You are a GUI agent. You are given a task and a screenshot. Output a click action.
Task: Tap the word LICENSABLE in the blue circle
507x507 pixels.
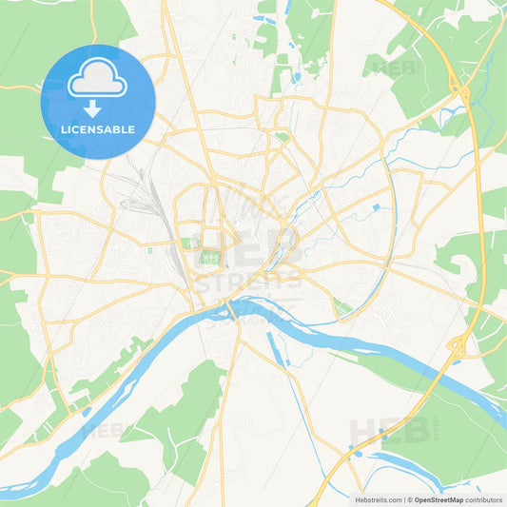click(x=98, y=128)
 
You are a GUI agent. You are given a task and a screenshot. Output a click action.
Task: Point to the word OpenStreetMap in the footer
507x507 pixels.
click(x=437, y=498)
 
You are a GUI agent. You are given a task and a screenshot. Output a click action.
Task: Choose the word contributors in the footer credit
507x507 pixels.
click(x=484, y=498)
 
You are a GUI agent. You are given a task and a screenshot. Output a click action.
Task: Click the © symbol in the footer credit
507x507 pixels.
click(x=411, y=498)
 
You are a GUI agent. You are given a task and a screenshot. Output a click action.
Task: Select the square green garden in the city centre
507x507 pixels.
click(x=209, y=258)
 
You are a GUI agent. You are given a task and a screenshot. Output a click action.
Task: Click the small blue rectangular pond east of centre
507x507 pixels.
click(x=378, y=206)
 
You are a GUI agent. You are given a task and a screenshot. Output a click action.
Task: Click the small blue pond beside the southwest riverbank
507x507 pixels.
click(x=88, y=412)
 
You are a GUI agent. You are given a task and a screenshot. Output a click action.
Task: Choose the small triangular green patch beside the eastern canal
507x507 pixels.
click(x=341, y=307)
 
